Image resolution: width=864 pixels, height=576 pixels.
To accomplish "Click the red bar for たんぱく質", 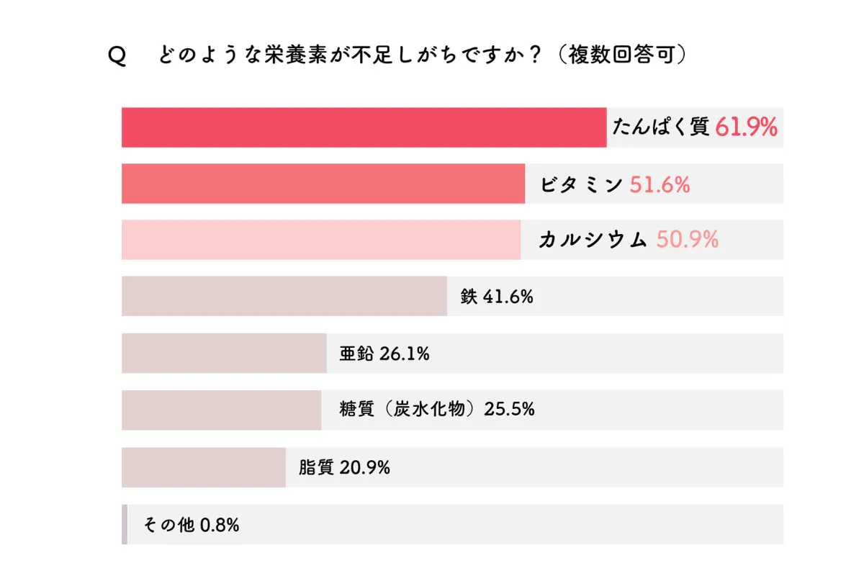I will tap(364, 127).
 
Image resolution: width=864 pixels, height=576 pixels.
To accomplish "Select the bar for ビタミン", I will tap(323, 184).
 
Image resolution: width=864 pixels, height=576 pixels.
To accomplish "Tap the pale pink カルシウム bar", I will tap(321, 240).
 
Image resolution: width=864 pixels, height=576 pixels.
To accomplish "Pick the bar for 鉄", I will tap(284, 296).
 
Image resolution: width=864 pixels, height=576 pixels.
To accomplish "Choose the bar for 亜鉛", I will tap(224, 353).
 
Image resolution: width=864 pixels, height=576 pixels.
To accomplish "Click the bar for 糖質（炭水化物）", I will tap(221, 410).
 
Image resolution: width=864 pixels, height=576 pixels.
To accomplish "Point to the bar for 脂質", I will tap(204, 467).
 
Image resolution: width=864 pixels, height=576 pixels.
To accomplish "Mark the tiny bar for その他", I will tap(125, 524).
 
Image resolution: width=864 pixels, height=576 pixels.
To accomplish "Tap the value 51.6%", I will tap(660, 185).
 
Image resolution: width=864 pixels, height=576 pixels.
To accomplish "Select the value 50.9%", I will tap(687, 240).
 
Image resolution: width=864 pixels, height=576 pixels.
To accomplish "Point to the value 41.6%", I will tap(508, 296).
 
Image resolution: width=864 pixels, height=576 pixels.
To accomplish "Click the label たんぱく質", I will tap(661, 128).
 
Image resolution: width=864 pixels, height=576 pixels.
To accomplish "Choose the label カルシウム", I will tap(593, 240).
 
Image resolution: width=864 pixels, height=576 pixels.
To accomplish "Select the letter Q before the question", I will tap(117, 57).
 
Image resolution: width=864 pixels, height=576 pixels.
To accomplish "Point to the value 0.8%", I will tap(219, 525).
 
